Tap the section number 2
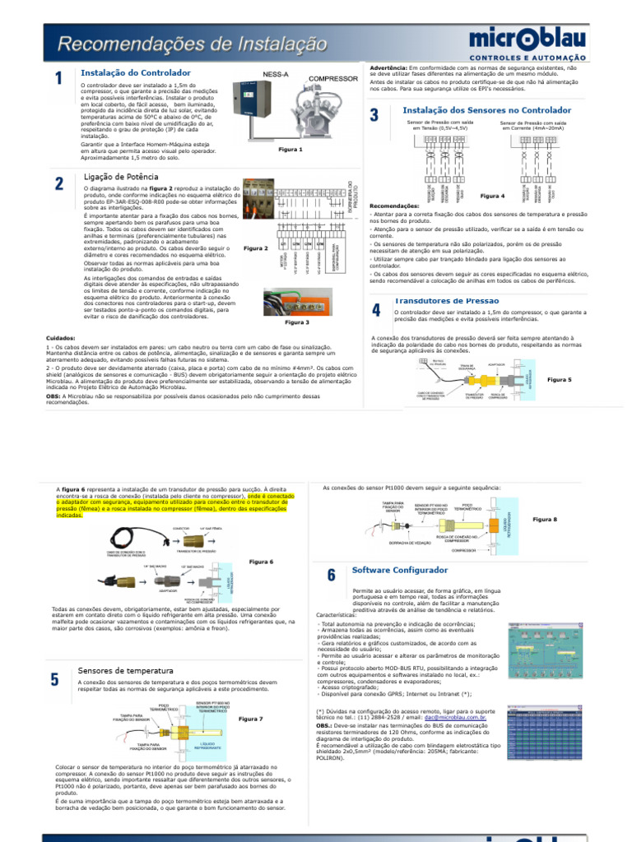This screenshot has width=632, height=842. (x=59, y=183)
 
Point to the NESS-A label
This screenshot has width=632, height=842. (x=276, y=74)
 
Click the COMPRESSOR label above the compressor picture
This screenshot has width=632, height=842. (x=333, y=79)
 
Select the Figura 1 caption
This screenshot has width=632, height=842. (x=290, y=150)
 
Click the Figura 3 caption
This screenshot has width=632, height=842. (x=296, y=322)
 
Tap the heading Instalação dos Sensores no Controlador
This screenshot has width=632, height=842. (x=486, y=109)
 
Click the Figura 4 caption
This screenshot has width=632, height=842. (x=492, y=196)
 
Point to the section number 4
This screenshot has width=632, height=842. (x=375, y=310)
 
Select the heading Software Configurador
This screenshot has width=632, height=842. (x=399, y=570)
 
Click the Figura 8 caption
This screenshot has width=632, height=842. (x=545, y=519)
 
